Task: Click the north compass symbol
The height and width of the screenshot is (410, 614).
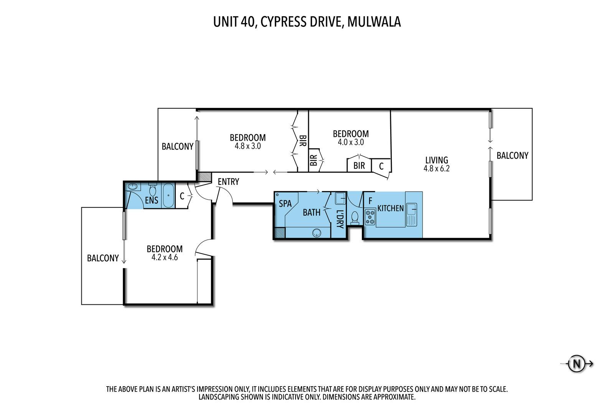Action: point(577,364)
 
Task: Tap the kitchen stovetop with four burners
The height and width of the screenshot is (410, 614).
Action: point(370,217)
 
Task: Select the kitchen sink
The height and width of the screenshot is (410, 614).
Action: point(411,214)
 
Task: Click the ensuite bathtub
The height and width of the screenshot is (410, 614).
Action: point(168,195)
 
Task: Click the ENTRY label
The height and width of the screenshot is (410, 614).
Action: point(228,182)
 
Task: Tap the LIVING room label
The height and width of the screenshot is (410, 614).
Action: point(437,160)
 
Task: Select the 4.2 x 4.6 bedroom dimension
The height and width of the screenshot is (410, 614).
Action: point(165,257)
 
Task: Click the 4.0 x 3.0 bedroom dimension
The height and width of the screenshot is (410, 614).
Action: point(351,142)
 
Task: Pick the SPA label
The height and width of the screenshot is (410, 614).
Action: point(285,204)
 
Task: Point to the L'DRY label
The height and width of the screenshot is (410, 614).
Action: point(340,219)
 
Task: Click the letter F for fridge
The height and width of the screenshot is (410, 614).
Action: point(370,201)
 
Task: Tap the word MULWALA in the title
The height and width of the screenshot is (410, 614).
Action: point(374,22)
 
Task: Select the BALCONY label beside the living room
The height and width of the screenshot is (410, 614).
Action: point(512,156)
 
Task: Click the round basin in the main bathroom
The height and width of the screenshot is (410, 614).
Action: point(317,233)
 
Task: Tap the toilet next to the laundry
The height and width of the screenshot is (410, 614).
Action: point(355,218)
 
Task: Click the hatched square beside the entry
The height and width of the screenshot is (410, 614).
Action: point(204,176)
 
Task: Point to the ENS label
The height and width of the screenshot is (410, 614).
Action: point(152,200)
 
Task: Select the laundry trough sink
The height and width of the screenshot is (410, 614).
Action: point(340,199)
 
